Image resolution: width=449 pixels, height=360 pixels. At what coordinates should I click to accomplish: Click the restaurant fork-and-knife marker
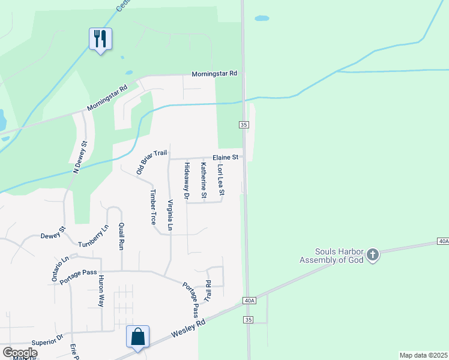click(x=100, y=39)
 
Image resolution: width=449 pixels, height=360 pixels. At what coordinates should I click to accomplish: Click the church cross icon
click(x=372, y=256)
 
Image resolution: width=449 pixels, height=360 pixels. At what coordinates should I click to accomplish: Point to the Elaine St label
click(x=226, y=157)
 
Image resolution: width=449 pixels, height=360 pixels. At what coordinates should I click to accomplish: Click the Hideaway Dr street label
click(x=187, y=181)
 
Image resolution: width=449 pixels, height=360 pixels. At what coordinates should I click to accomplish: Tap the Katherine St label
click(x=203, y=181)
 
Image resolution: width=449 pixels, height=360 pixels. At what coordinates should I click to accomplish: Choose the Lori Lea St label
click(x=220, y=181)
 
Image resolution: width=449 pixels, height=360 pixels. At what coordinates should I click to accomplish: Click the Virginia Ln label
click(x=170, y=215)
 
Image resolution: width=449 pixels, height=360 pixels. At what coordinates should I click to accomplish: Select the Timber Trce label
click(x=154, y=208)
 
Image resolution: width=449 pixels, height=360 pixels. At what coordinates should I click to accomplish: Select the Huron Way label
click(x=101, y=291)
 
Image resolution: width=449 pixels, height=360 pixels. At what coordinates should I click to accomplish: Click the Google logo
click(x=20, y=353)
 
